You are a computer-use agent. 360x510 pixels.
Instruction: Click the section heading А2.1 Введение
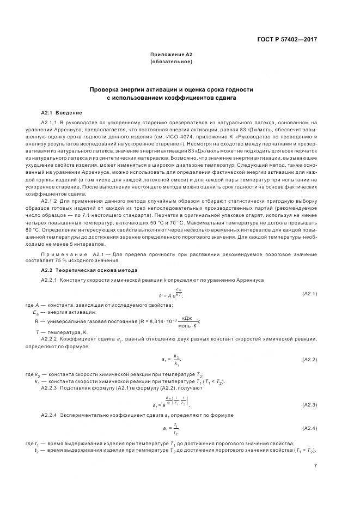pos(62,112)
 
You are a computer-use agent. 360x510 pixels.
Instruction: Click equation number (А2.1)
pos(309,293)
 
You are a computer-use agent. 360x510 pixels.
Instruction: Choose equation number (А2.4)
pos(309,428)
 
